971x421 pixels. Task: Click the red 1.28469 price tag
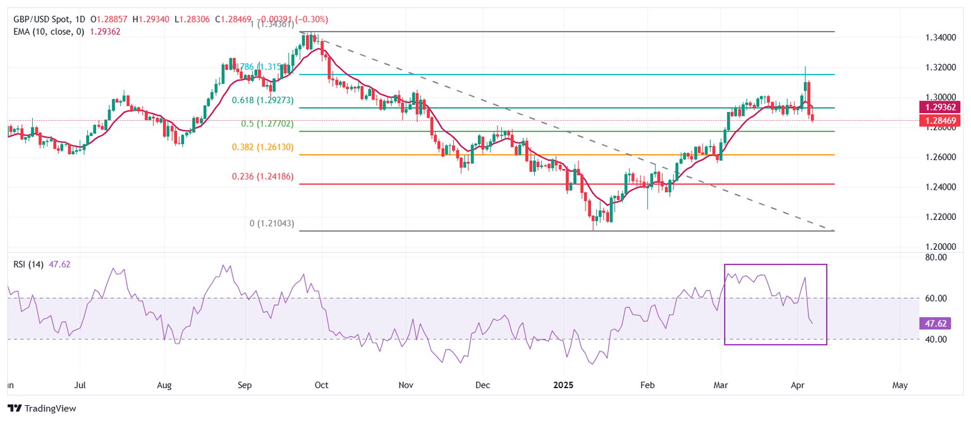click(x=942, y=121)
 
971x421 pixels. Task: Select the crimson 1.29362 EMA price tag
click(x=942, y=107)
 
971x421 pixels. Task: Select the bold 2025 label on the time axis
click(x=563, y=384)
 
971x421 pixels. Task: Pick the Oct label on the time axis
click(x=321, y=384)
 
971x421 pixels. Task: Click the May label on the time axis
click(x=900, y=384)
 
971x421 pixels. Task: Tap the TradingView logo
click(x=42, y=408)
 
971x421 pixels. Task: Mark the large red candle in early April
click(x=809, y=94)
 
